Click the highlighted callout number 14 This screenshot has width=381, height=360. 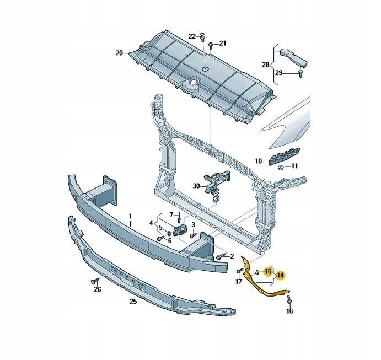tap(280, 275)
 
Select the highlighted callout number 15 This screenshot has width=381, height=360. tap(268, 271)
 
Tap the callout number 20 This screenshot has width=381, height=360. tap(119, 53)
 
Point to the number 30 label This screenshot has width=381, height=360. tap(196, 186)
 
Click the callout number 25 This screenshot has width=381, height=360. tap(133, 302)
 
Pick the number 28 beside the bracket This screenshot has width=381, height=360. tap(266, 65)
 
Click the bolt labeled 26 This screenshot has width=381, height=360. tap(94, 281)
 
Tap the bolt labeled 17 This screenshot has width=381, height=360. tap(239, 270)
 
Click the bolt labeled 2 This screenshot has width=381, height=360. tap(220, 256)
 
